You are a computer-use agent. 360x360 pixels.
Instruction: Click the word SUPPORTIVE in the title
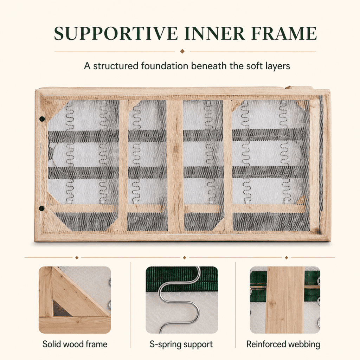point(116,33)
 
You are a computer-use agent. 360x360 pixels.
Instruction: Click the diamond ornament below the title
point(182,51)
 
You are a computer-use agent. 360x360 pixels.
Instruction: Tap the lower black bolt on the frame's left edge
point(42,208)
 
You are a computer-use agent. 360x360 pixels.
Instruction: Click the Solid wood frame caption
point(75,344)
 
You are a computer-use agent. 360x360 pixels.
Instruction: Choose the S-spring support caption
point(181,345)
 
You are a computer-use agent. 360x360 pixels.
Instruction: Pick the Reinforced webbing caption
point(283,344)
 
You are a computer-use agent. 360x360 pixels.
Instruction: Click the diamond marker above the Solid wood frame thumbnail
point(77,258)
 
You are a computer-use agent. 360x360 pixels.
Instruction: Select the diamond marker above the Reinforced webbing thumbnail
point(286,258)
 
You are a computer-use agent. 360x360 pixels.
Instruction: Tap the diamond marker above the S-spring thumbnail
point(184,258)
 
